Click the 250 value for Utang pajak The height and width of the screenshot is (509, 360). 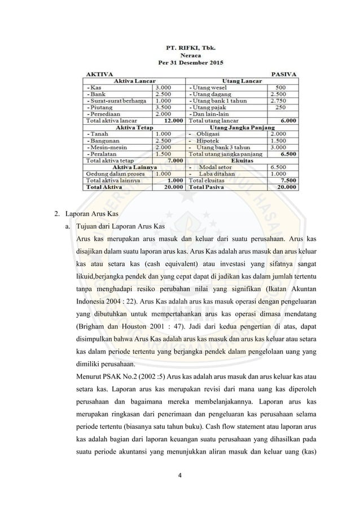tap(279, 107)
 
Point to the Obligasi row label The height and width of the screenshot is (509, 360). tap(214, 133)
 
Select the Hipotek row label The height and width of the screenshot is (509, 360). tap(213, 140)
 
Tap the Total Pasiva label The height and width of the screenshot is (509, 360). tap(205, 186)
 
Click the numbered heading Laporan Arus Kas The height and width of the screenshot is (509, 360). tap(89, 214)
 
